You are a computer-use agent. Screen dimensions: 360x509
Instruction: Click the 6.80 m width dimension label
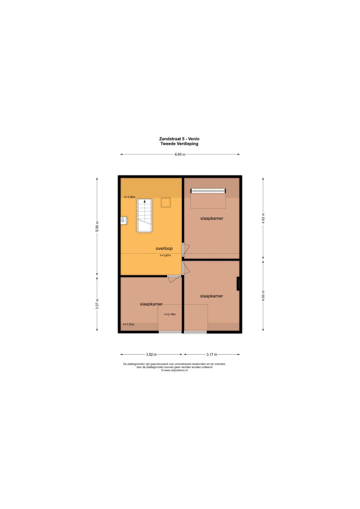click(180, 155)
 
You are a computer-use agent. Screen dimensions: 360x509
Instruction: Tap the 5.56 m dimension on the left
click(97, 226)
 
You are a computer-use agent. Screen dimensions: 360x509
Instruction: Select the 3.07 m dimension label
click(97, 304)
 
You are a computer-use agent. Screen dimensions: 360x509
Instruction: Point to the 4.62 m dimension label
click(263, 218)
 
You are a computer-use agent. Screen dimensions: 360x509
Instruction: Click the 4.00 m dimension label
click(263, 296)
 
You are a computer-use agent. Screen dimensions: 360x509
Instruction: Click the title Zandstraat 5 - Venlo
click(179, 139)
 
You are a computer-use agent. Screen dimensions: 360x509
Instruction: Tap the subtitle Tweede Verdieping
click(179, 144)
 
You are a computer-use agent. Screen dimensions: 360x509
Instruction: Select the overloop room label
click(164, 248)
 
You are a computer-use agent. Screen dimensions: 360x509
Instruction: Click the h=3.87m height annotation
click(165, 255)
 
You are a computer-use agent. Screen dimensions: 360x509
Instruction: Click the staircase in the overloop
click(145, 216)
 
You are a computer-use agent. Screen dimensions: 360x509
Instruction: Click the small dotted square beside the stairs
click(166, 202)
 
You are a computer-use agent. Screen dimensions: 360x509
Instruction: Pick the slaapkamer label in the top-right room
click(212, 218)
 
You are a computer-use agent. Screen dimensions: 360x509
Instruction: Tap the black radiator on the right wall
click(238, 284)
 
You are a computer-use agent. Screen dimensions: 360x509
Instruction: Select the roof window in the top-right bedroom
click(208, 191)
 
